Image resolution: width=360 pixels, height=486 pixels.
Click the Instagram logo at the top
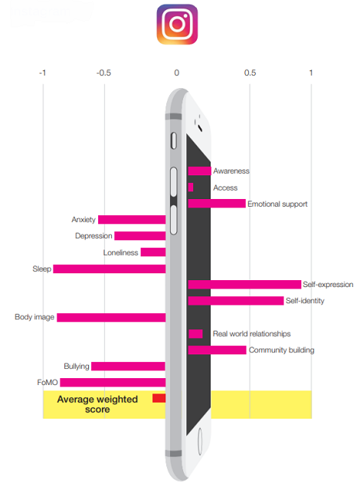[x=177, y=24]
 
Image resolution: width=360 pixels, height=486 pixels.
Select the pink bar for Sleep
[x=109, y=269]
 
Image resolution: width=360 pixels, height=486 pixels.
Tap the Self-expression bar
[x=244, y=285]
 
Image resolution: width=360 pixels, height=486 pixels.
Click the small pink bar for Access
[x=191, y=188]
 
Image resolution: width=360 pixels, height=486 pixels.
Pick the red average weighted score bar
[x=159, y=398]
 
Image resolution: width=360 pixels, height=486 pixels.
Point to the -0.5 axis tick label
[x=103, y=73]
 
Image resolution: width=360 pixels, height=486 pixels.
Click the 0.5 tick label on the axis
[x=250, y=73]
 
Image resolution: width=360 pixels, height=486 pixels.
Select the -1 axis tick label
[x=42, y=73]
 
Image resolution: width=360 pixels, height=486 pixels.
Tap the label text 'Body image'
[x=34, y=317]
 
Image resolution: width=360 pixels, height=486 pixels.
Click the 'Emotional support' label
[x=277, y=204]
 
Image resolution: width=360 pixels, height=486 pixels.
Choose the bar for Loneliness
[x=153, y=253]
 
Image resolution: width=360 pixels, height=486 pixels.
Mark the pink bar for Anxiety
[x=132, y=220]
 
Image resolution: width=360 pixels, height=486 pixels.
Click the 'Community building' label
[x=282, y=350]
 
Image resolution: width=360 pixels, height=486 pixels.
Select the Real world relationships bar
[x=195, y=334]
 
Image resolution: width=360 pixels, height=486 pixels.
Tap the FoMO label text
[x=47, y=383]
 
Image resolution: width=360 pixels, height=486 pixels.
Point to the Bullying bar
[x=129, y=366]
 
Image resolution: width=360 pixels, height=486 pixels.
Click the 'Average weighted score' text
[x=97, y=404]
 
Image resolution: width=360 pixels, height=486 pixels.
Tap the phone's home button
[x=200, y=442]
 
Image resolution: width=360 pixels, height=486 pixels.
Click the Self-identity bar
[x=236, y=301]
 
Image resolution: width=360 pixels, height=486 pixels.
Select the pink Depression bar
[x=140, y=236]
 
